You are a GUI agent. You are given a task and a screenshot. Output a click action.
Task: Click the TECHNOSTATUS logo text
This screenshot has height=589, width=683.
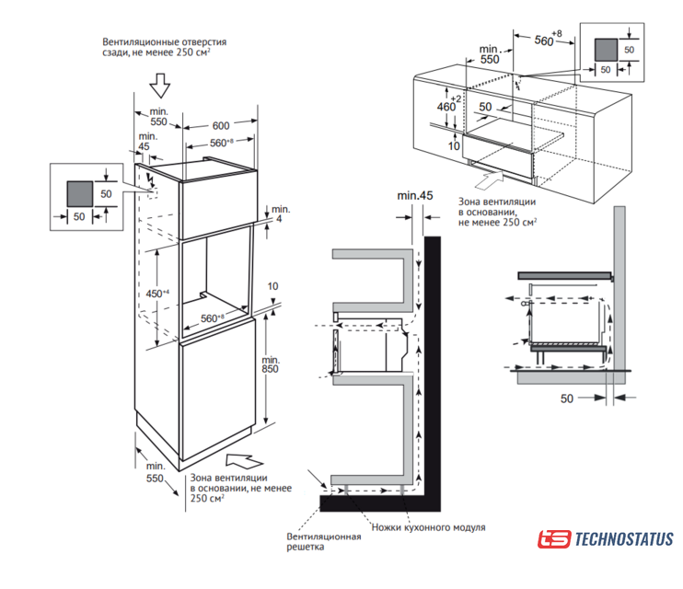623,539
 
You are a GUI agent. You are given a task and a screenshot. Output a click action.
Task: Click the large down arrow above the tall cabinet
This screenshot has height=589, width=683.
160,86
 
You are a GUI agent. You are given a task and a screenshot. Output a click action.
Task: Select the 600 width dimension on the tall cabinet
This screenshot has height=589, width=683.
221,126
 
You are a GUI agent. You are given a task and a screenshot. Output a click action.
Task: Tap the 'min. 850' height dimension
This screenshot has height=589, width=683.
271,364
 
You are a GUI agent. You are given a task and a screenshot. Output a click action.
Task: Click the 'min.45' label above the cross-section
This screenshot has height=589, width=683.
414,196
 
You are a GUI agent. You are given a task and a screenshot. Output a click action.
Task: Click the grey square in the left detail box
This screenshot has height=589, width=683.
80,193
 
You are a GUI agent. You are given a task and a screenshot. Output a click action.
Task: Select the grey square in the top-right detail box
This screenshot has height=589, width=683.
605,49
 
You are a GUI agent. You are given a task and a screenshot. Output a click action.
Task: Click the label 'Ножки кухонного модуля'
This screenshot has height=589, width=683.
428,527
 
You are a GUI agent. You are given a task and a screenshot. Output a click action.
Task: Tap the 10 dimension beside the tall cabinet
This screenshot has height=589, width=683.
272,286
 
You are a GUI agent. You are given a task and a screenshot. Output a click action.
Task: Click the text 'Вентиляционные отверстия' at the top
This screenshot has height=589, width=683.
164,42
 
